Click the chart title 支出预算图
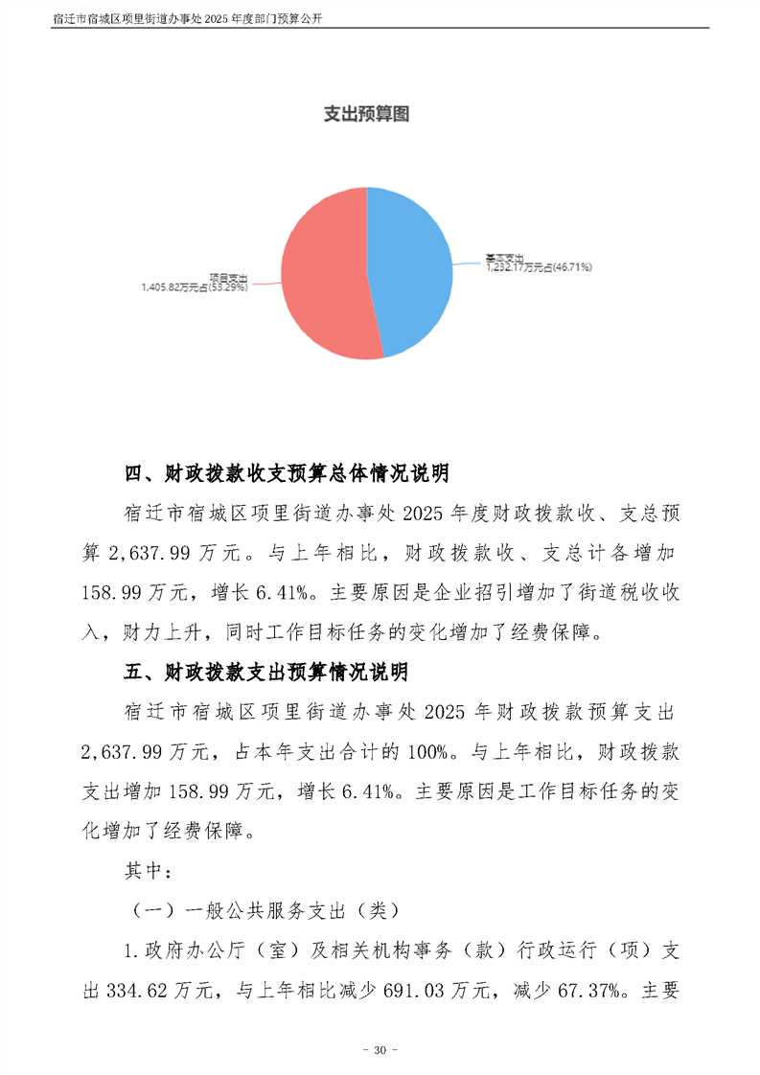[x=366, y=114]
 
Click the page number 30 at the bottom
[x=380, y=1051]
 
